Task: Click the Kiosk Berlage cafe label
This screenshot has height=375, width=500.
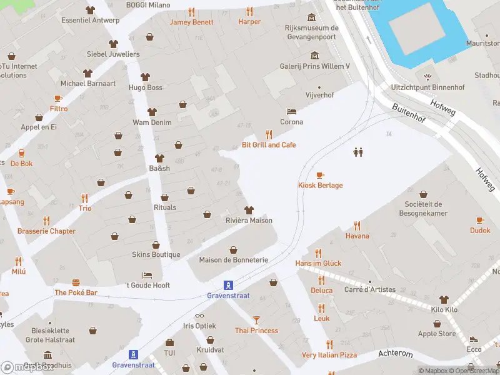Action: point(320,185)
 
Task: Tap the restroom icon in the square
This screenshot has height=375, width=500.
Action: point(359,152)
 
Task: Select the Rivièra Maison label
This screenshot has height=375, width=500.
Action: point(249,220)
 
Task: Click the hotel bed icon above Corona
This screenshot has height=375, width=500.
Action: point(291,111)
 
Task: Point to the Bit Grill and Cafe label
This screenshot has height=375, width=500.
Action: point(269,145)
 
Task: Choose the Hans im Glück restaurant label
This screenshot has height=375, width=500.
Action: point(318,263)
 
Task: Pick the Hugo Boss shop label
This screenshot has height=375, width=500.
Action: point(146,87)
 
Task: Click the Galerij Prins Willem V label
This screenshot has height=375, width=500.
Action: point(314,66)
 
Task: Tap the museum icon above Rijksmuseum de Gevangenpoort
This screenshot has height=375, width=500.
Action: point(312,16)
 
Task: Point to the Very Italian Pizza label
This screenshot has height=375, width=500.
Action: point(329,355)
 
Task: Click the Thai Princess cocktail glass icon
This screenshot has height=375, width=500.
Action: point(256,319)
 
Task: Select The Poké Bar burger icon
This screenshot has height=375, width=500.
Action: point(76,282)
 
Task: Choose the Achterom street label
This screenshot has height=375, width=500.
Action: point(396,354)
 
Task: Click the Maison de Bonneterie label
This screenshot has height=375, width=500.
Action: point(233,259)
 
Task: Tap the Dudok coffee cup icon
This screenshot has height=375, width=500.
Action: point(480,220)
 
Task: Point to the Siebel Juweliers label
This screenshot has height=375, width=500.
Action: point(113,54)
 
